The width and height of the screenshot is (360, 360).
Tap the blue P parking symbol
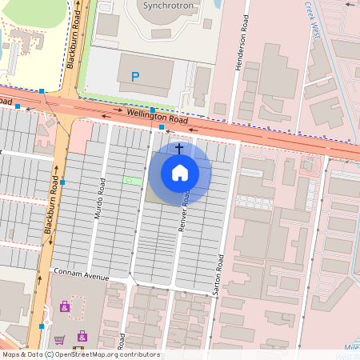tap(135, 77)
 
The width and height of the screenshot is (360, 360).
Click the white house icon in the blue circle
tap(180, 173)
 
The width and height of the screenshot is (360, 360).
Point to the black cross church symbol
tap(179, 149)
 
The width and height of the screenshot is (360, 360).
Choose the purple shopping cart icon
tap(59, 340)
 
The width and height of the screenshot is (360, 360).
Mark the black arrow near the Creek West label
tap(348, 4)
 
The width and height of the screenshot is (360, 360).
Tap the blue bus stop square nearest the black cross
tap(162, 126)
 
